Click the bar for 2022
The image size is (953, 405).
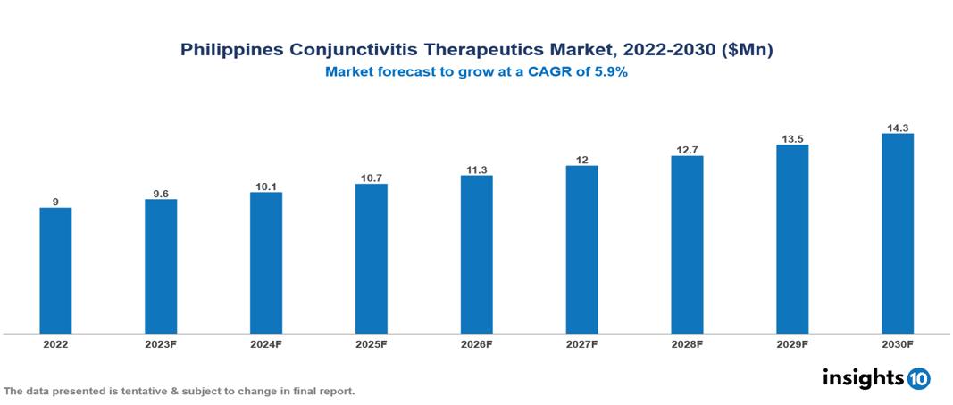[x=55, y=270]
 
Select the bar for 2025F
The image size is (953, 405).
[x=371, y=259]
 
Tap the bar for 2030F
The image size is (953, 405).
[x=897, y=234]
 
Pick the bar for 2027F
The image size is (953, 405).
[x=581, y=250]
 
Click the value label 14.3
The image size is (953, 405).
[x=897, y=128]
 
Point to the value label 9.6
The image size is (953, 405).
[x=161, y=193]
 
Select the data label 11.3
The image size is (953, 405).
[x=476, y=169]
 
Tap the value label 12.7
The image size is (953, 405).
[x=687, y=150]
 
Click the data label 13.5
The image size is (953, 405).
[x=792, y=138]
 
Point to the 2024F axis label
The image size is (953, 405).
[x=266, y=343]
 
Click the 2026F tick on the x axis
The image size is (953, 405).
[x=476, y=343]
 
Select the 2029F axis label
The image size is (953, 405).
[x=792, y=343]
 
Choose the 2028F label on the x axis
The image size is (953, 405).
[x=687, y=343]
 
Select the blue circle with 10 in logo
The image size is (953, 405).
[x=918, y=378]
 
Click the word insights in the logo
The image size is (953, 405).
[x=863, y=377]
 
